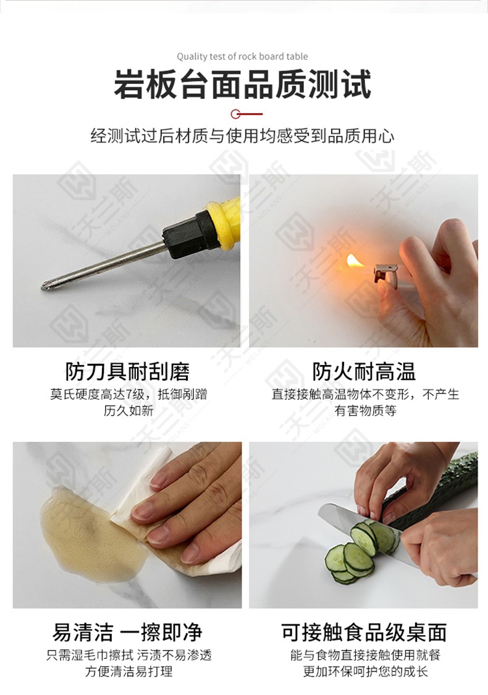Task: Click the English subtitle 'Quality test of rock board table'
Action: tap(242, 56)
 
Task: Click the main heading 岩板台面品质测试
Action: tap(242, 84)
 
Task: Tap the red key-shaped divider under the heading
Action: tap(246, 114)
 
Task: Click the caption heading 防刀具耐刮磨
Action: tap(128, 371)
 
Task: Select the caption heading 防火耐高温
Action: tap(364, 371)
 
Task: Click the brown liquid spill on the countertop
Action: tap(89, 532)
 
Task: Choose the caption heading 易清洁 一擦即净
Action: tap(127, 632)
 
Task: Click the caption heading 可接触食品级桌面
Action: tap(364, 632)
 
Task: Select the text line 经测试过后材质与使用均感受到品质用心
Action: tap(242, 136)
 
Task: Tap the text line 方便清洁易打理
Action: tap(128, 672)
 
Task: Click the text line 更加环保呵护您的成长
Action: tap(365, 672)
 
